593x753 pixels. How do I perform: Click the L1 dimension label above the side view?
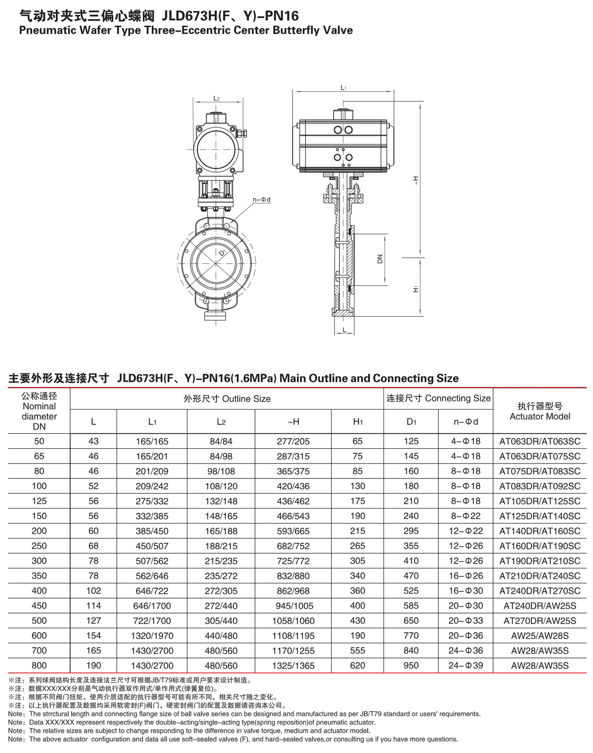coord(343,88)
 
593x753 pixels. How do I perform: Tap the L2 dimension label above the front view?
coord(216,98)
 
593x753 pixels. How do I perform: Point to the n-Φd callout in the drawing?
coord(261,200)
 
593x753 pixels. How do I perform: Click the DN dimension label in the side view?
coord(380,259)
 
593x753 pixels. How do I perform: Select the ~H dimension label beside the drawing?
coord(416,181)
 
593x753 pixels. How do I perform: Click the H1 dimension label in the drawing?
coord(416,289)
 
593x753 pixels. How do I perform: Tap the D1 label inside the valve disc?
coord(222,253)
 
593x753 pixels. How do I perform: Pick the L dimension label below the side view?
coord(344,330)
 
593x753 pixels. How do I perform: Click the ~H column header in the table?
coord(293,422)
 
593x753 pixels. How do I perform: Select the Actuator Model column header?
coord(540,411)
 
